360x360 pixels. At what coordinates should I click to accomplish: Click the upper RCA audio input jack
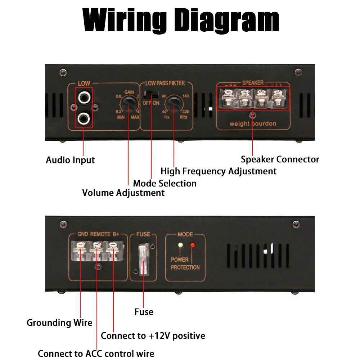coord(84,96)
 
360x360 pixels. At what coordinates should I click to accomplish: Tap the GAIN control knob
coord(128,106)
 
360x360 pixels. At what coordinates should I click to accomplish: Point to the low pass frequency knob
coord(174,106)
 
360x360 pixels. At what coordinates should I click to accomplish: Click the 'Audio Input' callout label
coord(70,160)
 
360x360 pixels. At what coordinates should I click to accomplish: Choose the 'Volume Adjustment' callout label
coord(123,193)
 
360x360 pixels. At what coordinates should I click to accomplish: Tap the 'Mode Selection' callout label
coord(165,183)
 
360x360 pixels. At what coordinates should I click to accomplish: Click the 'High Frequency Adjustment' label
coord(219,171)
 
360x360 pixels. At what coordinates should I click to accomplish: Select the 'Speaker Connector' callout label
coord(280,159)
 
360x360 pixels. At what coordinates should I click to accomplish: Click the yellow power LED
coord(180,246)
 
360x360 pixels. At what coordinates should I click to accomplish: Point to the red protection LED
coord(192,246)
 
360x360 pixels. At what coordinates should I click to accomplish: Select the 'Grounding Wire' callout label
coord(59,323)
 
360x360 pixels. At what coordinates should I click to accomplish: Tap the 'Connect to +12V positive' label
coord(153,336)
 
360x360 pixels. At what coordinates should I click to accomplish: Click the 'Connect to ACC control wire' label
coord(96,354)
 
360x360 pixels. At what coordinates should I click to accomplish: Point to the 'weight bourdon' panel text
coord(253,124)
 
